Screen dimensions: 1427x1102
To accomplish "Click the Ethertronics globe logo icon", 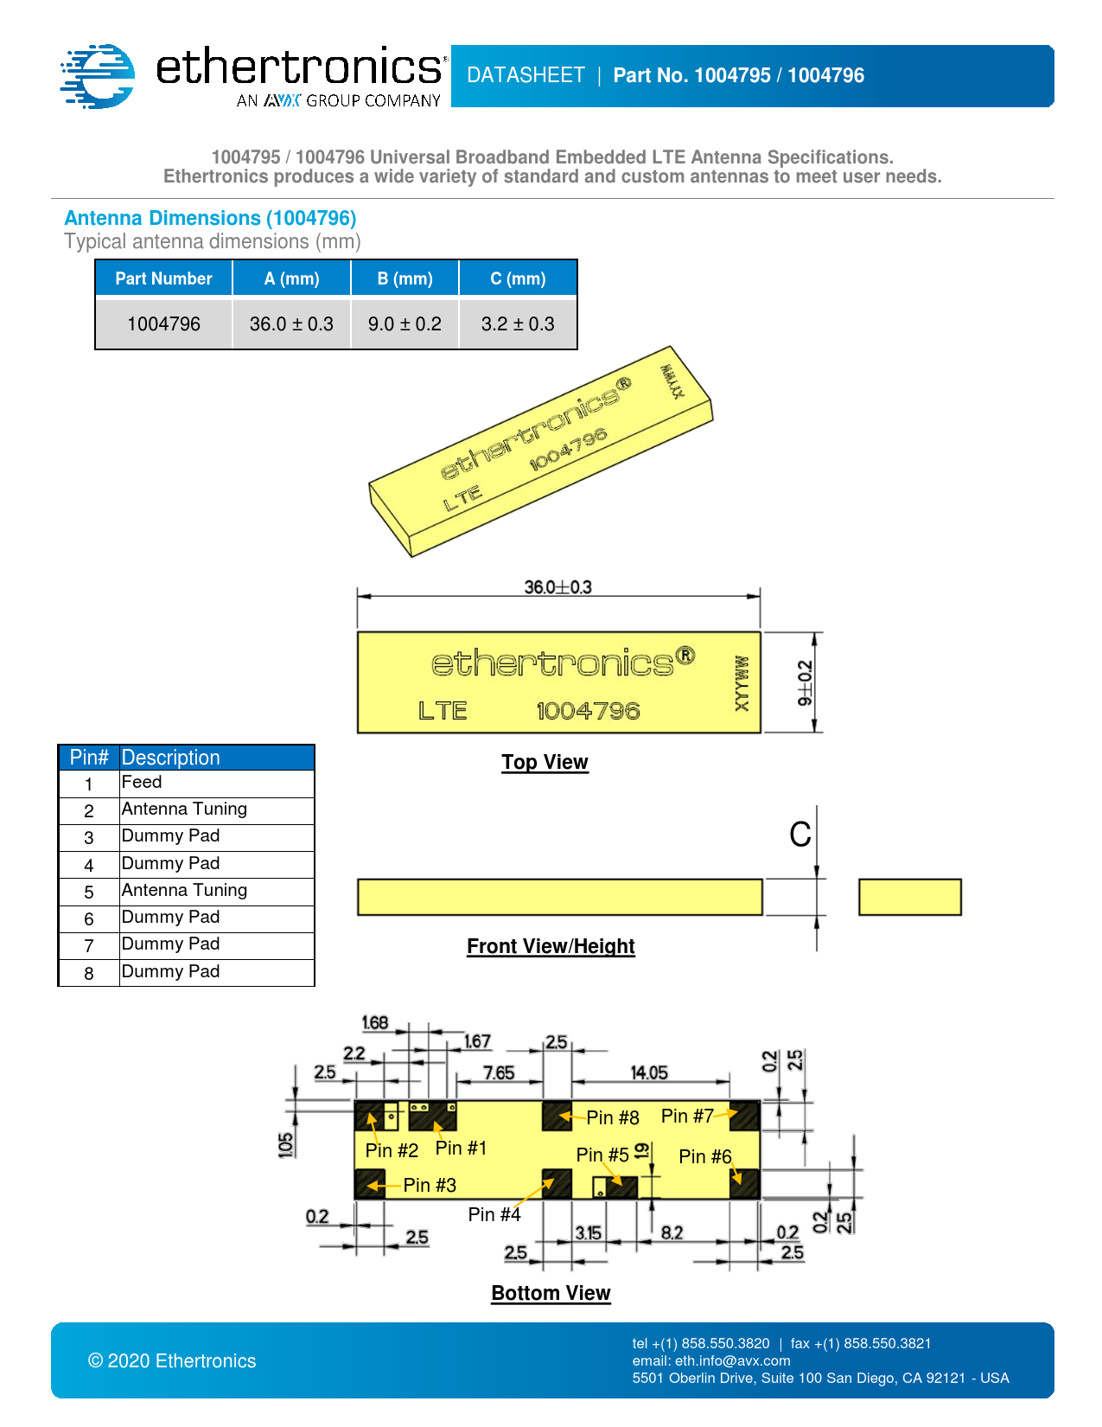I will (x=98, y=76).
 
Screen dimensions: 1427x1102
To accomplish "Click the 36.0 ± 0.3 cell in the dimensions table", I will (x=291, y=324).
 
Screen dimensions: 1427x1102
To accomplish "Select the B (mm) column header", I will (x=404, y=278).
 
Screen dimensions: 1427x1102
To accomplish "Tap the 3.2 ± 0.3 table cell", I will (x=518, y=324).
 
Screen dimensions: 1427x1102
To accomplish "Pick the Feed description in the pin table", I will (x=142, y=783).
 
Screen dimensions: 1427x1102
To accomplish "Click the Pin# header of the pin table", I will (x=89, y=758).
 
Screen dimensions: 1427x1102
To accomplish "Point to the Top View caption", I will (x=545, y=762).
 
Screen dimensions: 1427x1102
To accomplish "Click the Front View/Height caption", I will (x=551, y=946).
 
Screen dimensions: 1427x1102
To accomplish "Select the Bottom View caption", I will (x=551, y=1293).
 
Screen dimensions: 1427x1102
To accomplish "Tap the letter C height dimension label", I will (x=800, y=835).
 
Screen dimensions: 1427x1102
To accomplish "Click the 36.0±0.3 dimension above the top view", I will (x=557, y=587).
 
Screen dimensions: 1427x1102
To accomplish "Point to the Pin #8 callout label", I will (x=613, y=1117).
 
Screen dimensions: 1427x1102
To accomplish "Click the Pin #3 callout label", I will (x=430, y=1185).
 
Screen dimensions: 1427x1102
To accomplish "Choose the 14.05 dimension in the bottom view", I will (x=649, y=1072).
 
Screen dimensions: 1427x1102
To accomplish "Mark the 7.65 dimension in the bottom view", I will (x=499, y=1072).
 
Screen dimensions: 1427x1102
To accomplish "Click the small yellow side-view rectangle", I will (x=909, y=897).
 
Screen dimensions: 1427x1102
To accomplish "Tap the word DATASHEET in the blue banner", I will (x=526, y=75).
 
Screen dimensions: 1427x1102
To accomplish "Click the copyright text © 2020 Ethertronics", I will (x=172, y=1361).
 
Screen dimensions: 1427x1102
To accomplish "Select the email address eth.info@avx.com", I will (x=732, y=1360).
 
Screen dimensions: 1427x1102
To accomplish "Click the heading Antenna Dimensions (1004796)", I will (x=210, y=218).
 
